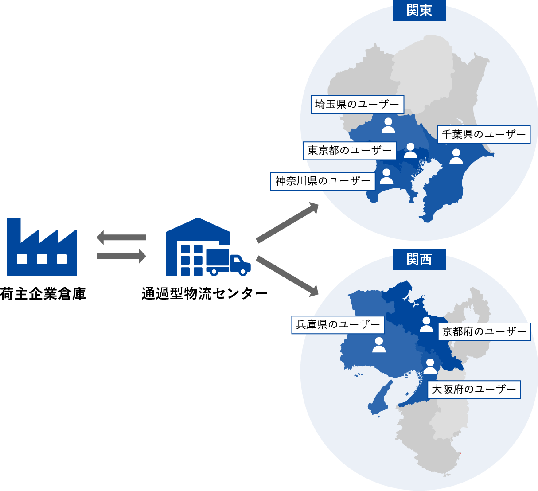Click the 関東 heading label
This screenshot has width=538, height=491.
[419, 10]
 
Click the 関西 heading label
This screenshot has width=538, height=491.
[419, 259]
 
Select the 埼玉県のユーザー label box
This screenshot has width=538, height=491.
[357, 105]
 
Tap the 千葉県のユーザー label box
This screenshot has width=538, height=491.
[483, 134]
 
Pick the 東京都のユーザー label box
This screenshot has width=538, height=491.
[350, 151]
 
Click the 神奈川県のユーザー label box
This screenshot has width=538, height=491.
[323, 181]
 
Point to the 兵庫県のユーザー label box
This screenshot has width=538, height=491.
[338, 325]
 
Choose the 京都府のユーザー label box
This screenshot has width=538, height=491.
[484, 331]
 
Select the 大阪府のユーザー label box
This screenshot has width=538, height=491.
[474, 390]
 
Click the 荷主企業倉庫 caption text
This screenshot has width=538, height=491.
[43, 294]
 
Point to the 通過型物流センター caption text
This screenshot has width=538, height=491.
[204, 294]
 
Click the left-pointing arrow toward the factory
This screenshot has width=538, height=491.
[121, 238]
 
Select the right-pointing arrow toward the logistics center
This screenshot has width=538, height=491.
[121, 256]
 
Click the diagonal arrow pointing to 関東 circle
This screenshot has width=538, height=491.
[287, 222]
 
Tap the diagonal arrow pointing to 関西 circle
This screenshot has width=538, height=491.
[287, 276]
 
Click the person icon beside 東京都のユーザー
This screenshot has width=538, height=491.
[410, 151]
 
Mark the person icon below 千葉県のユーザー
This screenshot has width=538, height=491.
[456, 156]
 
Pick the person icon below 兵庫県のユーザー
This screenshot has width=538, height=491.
[379, 345]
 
